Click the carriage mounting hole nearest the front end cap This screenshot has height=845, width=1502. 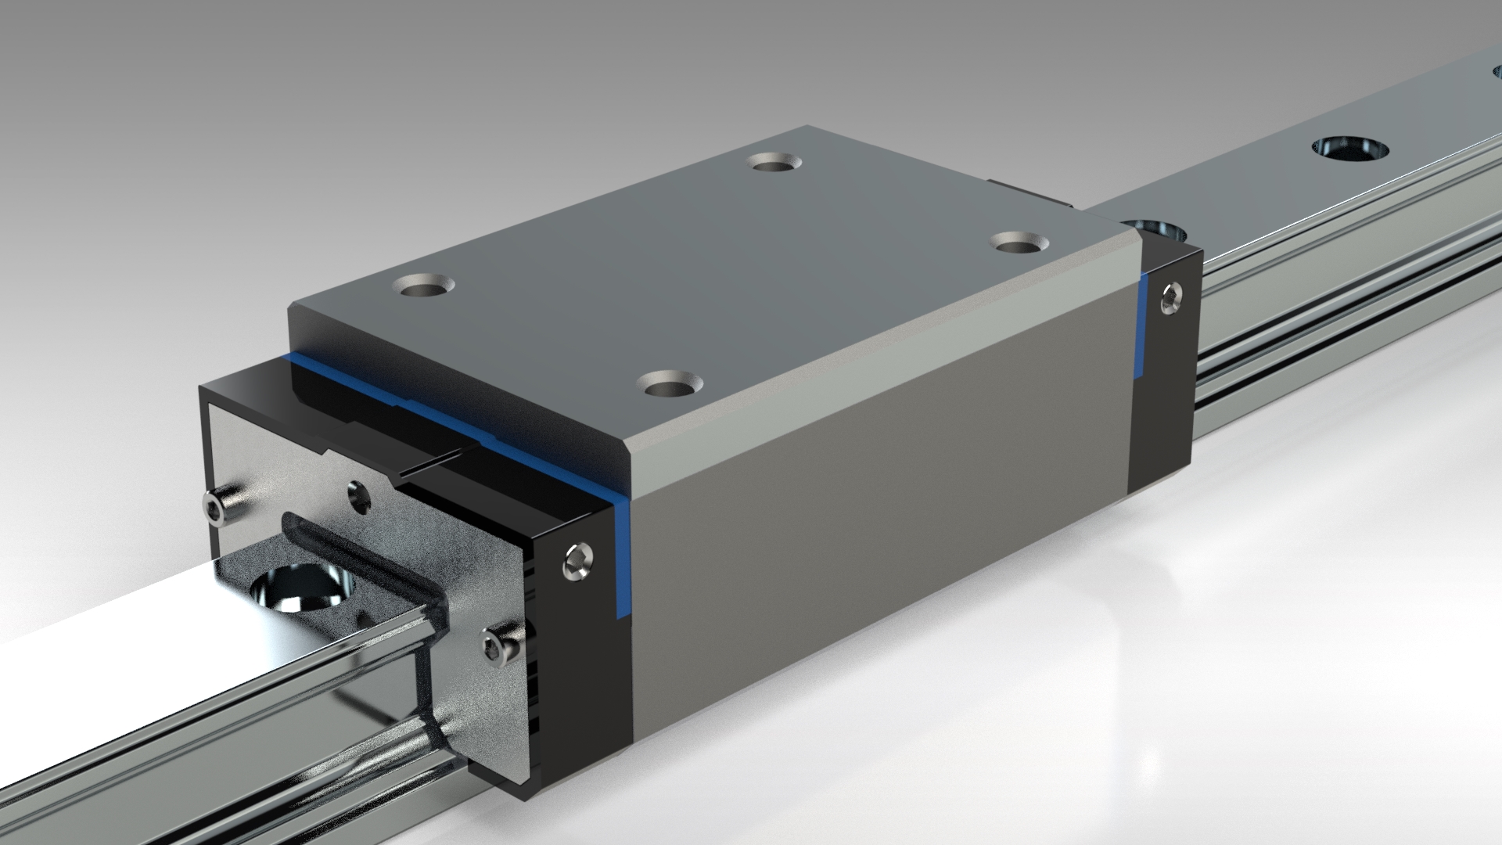[670, 383]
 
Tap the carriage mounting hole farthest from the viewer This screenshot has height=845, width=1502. [774, 162]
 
